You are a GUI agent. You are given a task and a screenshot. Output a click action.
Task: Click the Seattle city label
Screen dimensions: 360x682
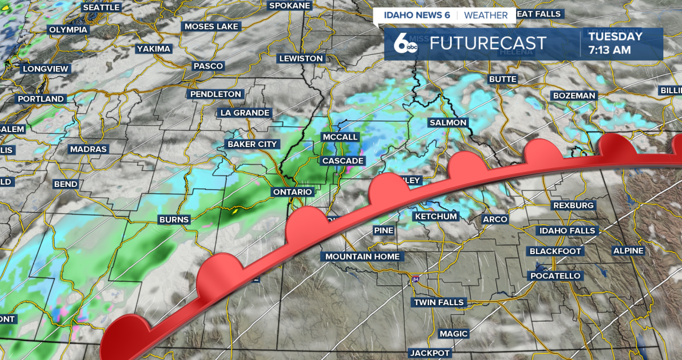tap(101, 7)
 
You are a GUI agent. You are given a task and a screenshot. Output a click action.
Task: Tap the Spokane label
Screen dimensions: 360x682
tap(289, 5)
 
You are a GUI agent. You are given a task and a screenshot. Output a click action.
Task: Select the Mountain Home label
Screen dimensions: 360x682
tap(362, 257)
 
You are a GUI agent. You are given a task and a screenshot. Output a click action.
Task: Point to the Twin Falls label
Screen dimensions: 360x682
tap(439, 302)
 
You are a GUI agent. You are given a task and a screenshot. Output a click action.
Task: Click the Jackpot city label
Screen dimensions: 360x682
tap(430, 353)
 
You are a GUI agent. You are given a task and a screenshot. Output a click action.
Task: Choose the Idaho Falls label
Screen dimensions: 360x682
tap(568, 231)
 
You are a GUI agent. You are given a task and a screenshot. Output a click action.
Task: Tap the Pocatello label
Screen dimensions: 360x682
tap(555, 276)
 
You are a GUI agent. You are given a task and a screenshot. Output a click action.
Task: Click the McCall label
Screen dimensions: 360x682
tap(340, 137)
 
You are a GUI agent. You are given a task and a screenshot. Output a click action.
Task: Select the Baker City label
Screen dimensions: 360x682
tap(252, 144)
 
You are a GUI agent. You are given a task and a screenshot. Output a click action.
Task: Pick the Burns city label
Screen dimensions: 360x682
tap(174, 219)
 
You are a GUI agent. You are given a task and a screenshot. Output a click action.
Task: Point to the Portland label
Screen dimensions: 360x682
tap(40, 99)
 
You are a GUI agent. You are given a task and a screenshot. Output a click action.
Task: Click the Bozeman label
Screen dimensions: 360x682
tap(574, 96)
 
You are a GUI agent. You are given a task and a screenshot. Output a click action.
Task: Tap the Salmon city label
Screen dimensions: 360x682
tap(448, 122)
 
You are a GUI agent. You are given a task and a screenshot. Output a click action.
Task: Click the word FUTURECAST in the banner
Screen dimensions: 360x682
tap(488, 43)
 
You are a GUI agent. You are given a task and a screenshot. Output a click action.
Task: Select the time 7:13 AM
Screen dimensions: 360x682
tap(610, 50)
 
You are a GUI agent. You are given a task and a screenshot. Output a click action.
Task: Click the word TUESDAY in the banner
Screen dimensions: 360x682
tap(615, 36)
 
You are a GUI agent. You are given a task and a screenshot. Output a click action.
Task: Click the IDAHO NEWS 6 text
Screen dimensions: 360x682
tap(417, 15)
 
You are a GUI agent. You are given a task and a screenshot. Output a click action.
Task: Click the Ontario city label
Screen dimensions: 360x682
tap(293, 192)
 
